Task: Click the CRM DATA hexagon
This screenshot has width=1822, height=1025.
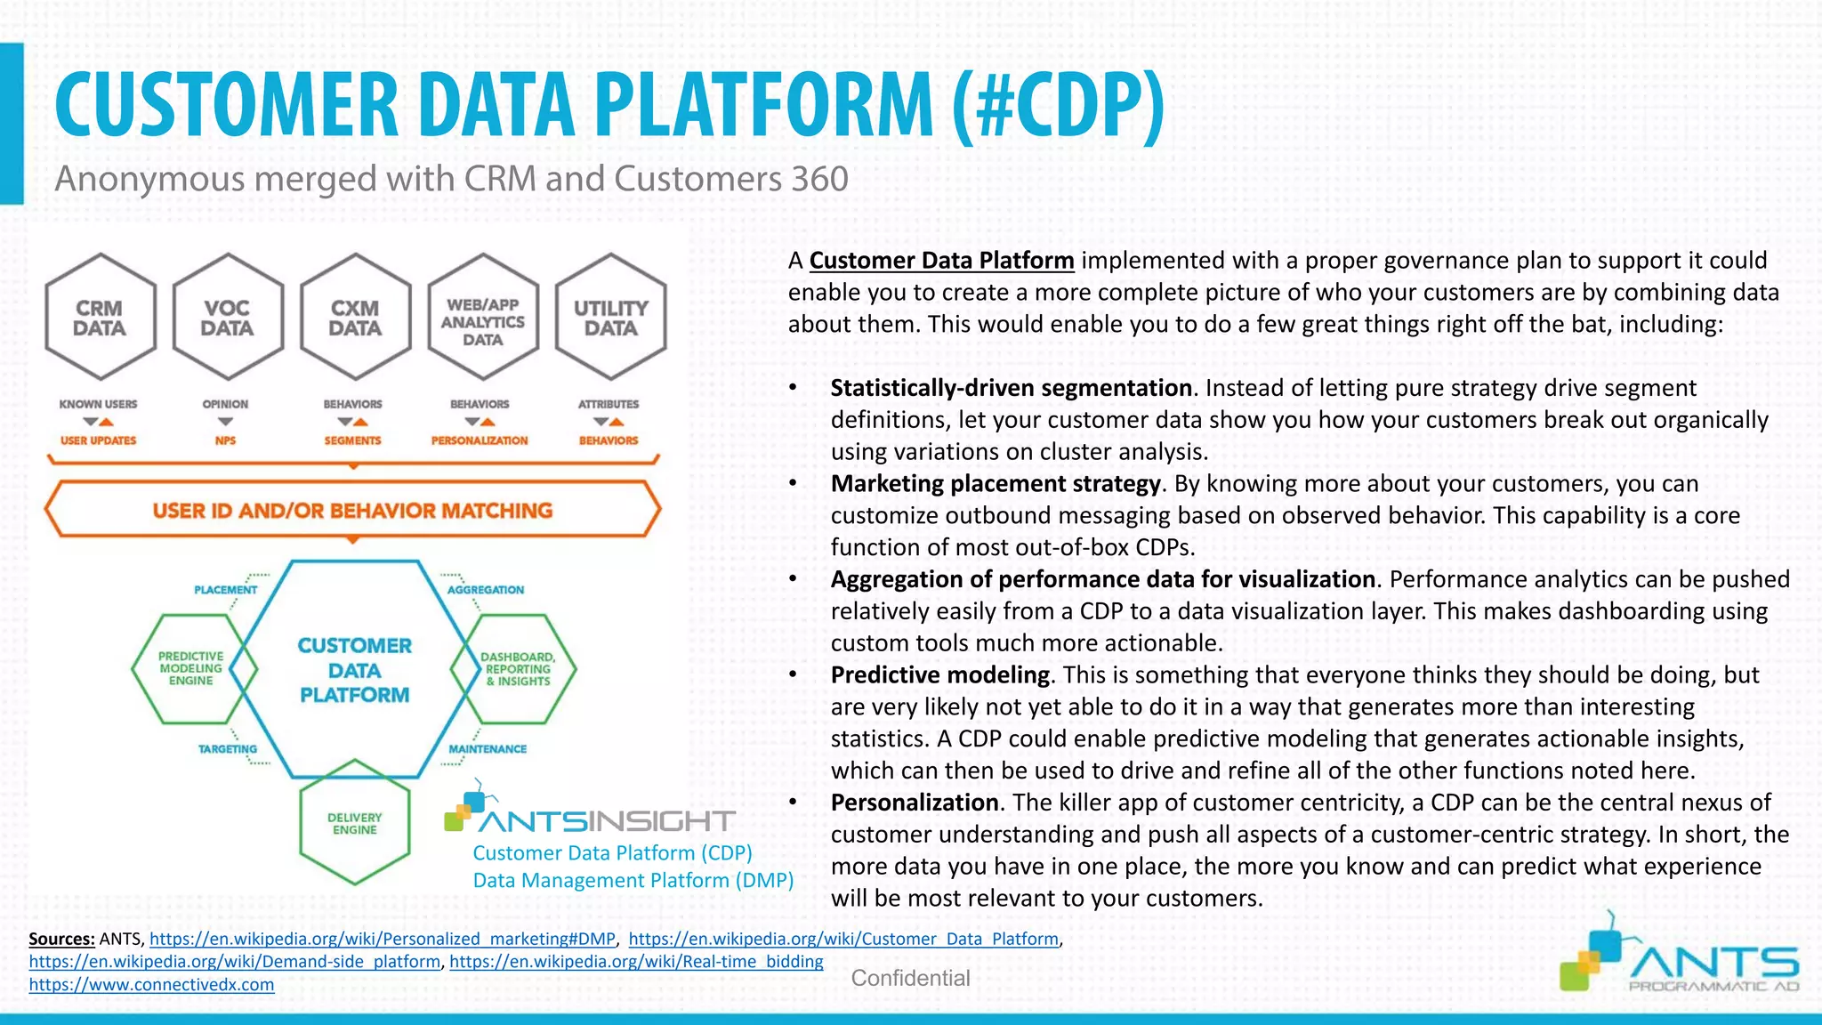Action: pos(100,318)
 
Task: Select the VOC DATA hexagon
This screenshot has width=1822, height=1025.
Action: pos(227,318)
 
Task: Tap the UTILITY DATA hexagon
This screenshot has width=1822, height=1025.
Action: pos(610,318)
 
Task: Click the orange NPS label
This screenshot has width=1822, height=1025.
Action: pos(225,440)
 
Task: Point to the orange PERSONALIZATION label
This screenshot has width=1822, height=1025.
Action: pos(480,440)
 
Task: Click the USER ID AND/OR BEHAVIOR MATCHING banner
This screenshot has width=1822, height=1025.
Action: pos(352,511)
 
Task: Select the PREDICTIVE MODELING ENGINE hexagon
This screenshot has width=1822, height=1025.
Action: pos(190,668)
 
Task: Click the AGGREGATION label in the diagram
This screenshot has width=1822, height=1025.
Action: pos(486,590)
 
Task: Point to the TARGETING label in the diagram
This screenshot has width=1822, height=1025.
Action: pos(227,749)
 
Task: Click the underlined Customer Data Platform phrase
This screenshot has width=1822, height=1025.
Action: pos(941,261)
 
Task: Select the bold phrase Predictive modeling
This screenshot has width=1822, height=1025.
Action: pos(940,675)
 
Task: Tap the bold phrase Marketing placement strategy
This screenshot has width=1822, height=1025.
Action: pos(996,484)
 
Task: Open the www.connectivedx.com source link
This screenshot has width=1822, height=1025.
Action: pos(151,985)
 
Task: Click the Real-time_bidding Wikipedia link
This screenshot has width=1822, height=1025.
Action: pos(636,962)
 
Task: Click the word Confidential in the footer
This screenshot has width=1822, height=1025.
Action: pos(910,979)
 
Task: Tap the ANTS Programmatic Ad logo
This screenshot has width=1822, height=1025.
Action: pos(1680,956)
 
